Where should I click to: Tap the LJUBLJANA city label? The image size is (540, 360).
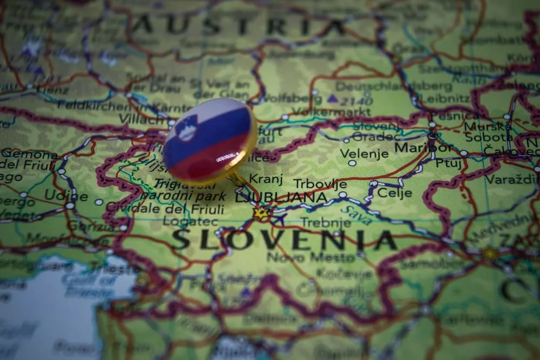(280, 197)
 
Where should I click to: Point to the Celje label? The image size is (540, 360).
(394, 193)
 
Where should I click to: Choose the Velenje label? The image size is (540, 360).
(365, 153)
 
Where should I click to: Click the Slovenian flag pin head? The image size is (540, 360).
(210, 139)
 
